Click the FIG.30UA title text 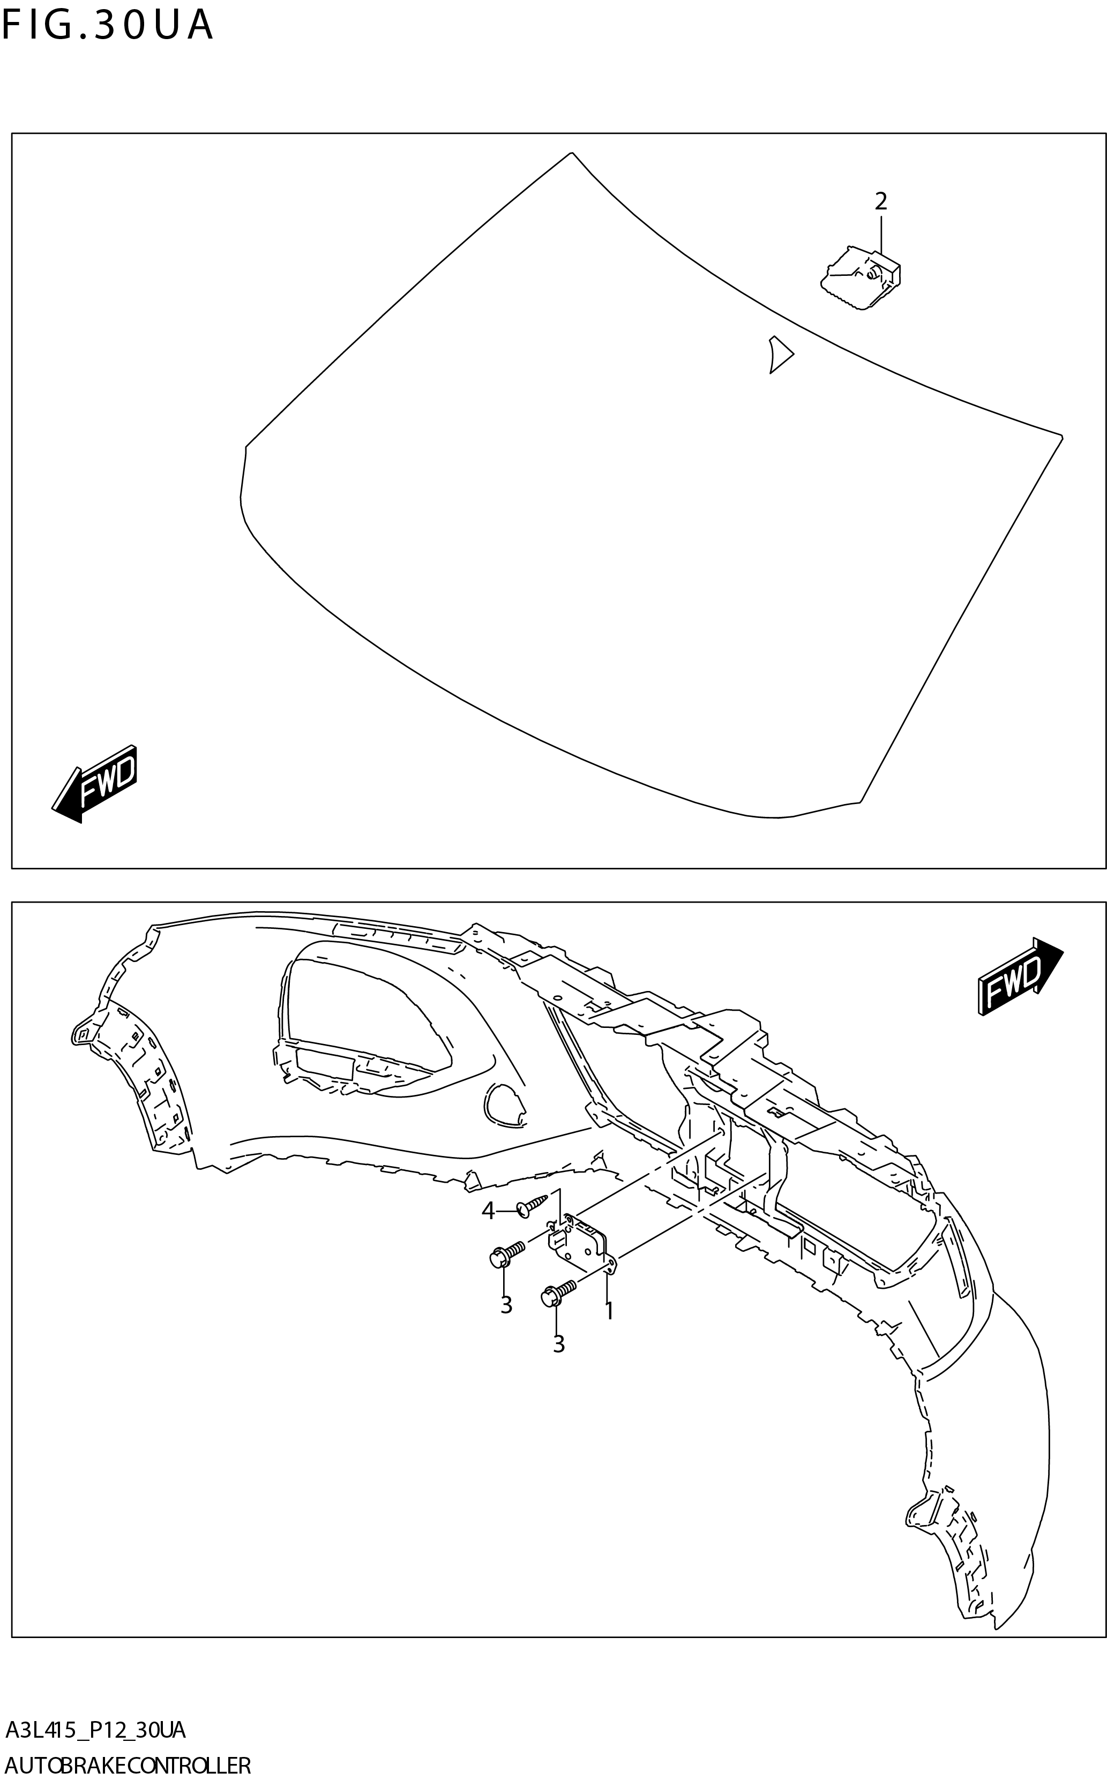pyautogui.click(x=108, y=26)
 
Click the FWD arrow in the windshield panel pyautogui.click(x=96, y=783)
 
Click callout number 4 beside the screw pyautogui.click(x=488, y=1211)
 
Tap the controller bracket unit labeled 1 pyautogui.click(x=582, y=1245)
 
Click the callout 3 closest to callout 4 pyautogui.click(x=506, y=1305)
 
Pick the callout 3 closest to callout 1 pyautogui.click(x=559, y=1345)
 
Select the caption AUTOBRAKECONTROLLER pyautogui.click(x=128, y=1760)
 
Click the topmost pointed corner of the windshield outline pyautogui.click(x=571, y=153)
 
